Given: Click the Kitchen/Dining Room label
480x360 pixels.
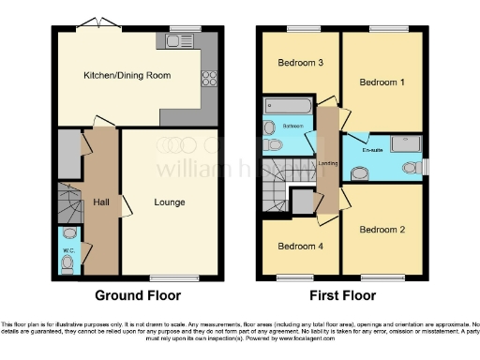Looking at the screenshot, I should [127, 74].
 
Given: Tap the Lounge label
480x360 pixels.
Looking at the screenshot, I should [170, 202].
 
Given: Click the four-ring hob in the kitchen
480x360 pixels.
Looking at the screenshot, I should [209, 79].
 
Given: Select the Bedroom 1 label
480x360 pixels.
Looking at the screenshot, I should [382, 82].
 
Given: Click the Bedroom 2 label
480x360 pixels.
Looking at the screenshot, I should [382, 230].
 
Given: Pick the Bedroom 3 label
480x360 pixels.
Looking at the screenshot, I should [301, 63].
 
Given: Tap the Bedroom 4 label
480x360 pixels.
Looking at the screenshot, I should [300, 247].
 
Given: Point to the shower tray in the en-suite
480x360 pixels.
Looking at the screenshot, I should [402, 143].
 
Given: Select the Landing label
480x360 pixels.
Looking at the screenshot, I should [328, 164].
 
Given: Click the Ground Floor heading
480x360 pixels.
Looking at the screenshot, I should [138, 295].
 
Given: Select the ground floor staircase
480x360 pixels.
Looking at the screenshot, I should [69, 201].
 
